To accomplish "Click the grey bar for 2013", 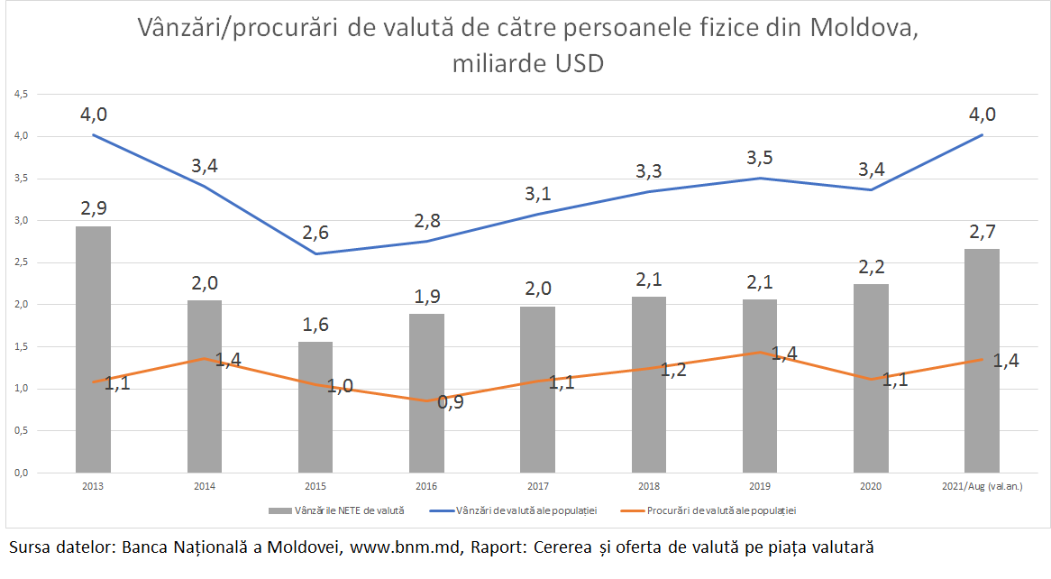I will click(x=93, y=349).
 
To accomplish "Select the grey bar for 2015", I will click(x=315, y=407).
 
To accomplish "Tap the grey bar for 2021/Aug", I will click(x=982, y=360).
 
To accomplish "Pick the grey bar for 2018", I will click(x=649, y=384).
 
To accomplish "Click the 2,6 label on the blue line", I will click(x=315, y=233).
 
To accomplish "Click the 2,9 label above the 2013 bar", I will click(x=94, y=207).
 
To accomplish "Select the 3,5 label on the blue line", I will click(x=760, y=159).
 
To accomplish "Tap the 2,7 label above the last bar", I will click(x=982, y=230).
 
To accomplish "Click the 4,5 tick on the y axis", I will click(x=20, y=94).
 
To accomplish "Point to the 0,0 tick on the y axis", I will click(x=20, y=473).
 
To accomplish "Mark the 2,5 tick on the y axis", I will click(x=20, y=262).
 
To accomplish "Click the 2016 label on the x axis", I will click(x=426, y=486).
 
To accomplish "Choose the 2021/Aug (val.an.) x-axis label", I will click(x=982, y=486).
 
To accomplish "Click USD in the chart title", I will click(x=576, y=64).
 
